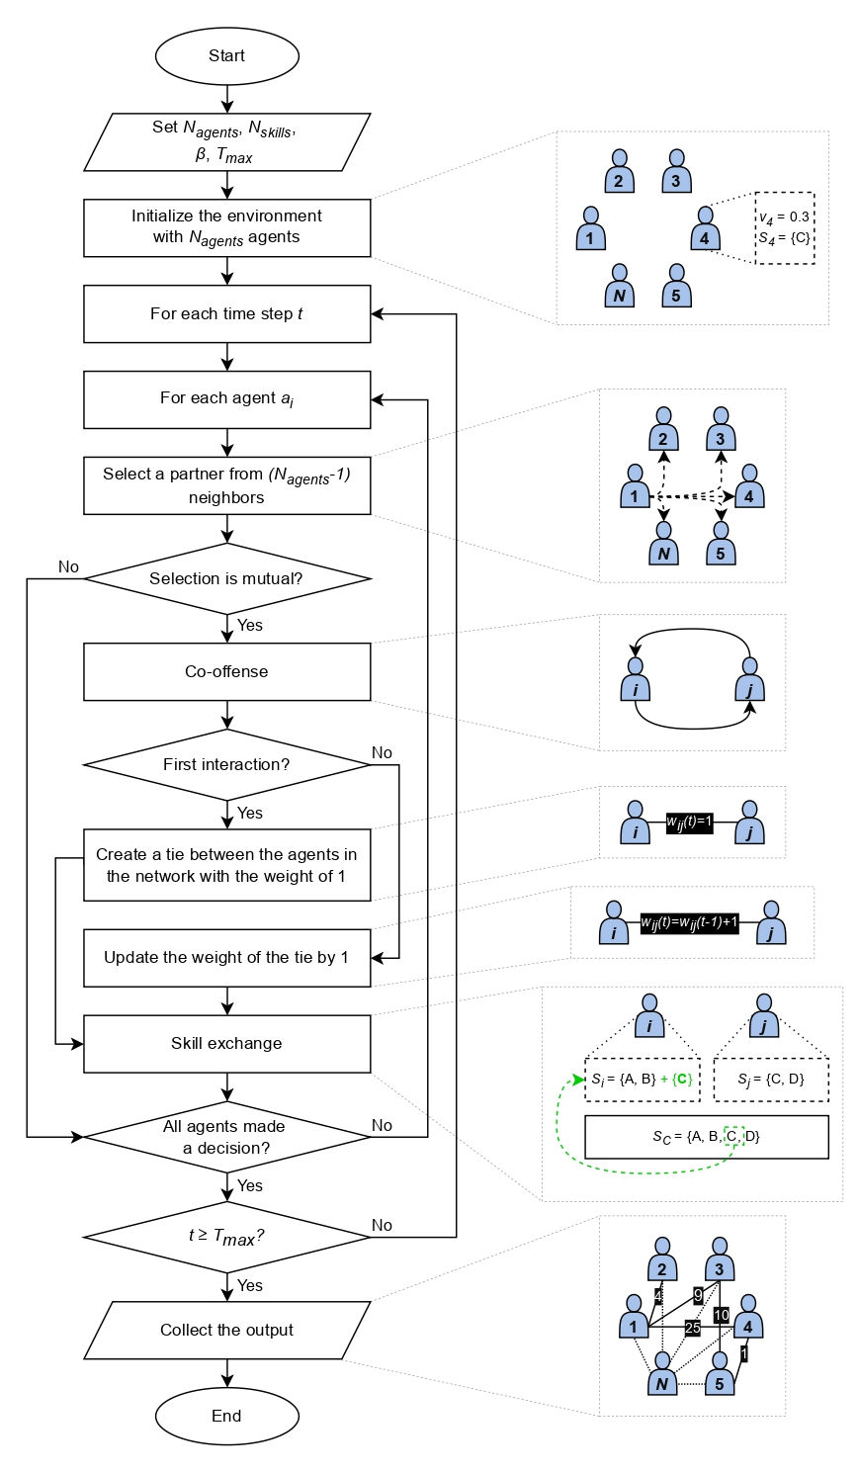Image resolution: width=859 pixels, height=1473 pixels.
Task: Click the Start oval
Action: (x=226, y=56)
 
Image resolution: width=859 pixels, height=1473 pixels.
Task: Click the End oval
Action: (x=226, y=1416)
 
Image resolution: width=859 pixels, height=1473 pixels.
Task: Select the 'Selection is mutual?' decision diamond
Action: (x=226, y=578)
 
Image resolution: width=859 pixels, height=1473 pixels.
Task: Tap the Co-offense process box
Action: (x=226, y=671)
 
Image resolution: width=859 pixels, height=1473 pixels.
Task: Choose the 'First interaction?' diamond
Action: (x=226, y=764)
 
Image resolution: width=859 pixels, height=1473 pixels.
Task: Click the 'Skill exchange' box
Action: (x=226, y=1043)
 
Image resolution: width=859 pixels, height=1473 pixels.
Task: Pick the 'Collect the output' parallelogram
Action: (x=226, y=1330)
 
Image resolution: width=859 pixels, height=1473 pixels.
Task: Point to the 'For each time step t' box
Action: (x=226, y=314)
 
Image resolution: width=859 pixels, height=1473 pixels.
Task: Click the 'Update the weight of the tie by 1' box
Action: (x=226, y=957)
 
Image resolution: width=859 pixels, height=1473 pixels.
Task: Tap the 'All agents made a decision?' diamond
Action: (x=226, y=1137)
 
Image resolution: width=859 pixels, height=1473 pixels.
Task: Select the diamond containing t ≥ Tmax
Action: (x=226, y=1236)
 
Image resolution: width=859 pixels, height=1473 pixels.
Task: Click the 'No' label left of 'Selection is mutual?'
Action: (x=68, y=566)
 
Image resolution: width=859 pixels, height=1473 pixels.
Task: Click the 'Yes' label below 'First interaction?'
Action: (x=250, y=813)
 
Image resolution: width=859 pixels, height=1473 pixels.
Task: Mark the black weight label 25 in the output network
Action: (x=692, y=1328)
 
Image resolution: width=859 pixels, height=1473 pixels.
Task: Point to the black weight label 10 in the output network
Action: (x=721, y=1315)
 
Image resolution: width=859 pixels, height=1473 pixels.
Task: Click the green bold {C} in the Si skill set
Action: (x=681, y=1079)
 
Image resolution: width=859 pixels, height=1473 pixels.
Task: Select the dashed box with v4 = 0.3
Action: (x=784, y=227)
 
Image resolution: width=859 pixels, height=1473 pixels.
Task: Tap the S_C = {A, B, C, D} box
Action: (x=706, y=1137)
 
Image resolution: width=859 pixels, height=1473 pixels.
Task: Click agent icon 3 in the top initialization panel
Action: (x=676, y=171)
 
